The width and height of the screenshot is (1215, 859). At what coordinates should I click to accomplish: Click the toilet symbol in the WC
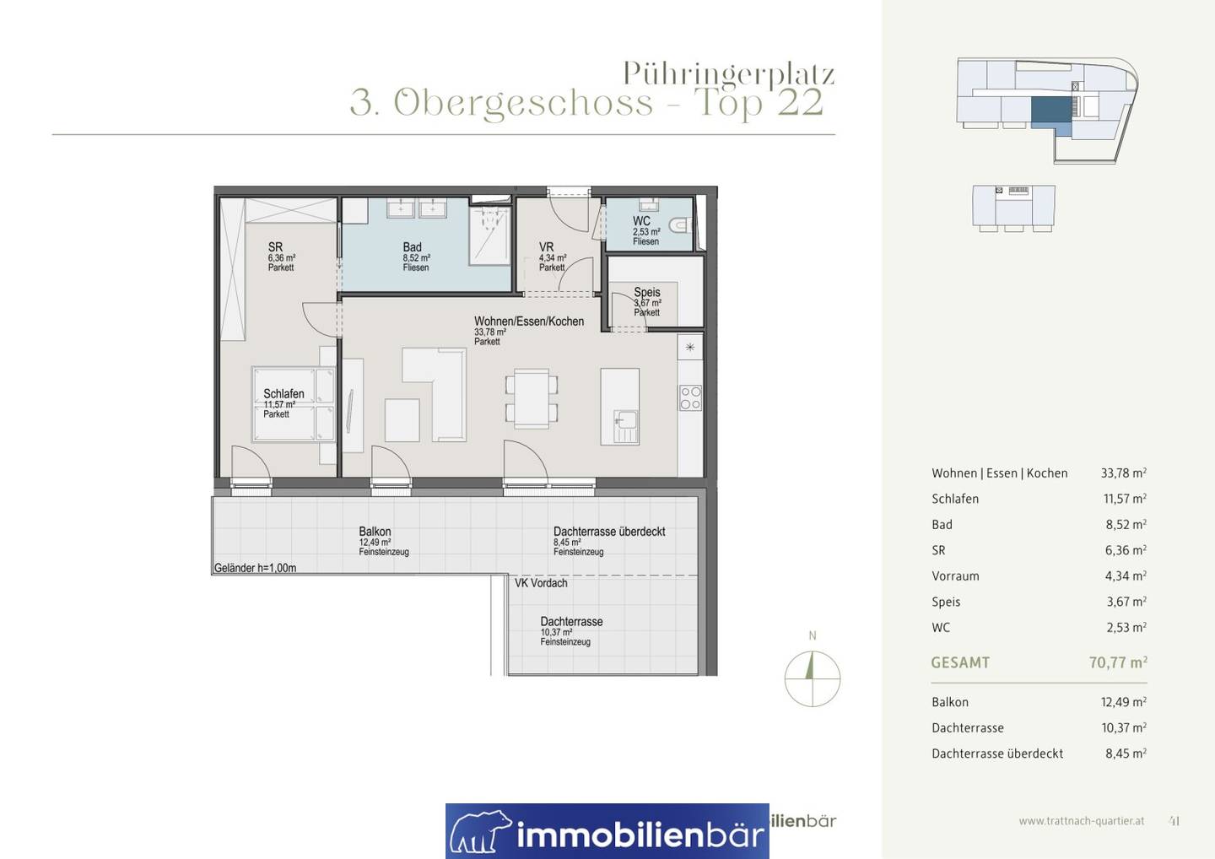[681, 225]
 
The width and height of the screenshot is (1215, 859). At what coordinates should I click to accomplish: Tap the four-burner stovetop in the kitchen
[690, 397]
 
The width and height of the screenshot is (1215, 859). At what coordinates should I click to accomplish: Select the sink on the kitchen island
[626, 426]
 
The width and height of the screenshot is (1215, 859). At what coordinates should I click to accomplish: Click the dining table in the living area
[532, 398]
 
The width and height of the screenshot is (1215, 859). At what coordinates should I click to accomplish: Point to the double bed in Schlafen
[294, 404]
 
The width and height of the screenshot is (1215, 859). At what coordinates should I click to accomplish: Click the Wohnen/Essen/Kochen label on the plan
[529, 321]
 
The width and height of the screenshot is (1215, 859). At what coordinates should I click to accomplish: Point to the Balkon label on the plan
[375, 532]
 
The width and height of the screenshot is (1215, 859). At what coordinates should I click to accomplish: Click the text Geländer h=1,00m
[255, 568]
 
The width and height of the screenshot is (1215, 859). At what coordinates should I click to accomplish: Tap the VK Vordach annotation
[541, 583]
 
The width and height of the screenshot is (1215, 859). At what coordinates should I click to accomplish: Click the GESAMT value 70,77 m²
[1118, 662]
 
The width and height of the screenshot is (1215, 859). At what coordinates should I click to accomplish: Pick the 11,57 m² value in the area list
[1125, 499]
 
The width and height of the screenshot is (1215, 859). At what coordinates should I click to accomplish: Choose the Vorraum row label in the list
[955, 576]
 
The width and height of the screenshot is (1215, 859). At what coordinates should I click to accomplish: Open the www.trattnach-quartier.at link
[1082, 821]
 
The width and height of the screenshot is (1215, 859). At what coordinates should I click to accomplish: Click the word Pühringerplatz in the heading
[728, 74]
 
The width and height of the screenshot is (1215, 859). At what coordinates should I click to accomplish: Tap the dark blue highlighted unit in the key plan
[1051, 111]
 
